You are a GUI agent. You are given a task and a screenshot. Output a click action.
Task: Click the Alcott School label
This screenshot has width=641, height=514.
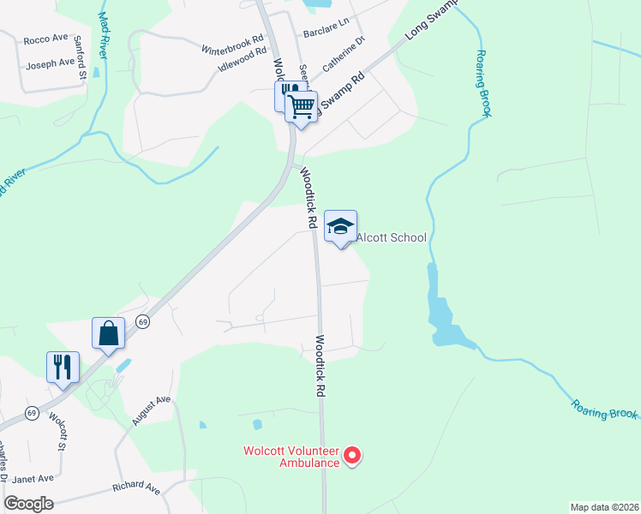391,237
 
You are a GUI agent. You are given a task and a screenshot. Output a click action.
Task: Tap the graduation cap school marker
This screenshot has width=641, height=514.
341,226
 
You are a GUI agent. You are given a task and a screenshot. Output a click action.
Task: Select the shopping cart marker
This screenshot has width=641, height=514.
301,107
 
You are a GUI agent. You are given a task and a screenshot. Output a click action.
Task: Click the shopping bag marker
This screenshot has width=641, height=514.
109,333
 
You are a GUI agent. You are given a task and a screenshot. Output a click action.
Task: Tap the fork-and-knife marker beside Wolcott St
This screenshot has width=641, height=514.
63,368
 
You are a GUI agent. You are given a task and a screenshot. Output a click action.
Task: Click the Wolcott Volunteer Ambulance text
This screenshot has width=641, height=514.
291,457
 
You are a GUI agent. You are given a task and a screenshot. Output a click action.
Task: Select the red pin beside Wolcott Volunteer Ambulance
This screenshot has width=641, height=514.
351,457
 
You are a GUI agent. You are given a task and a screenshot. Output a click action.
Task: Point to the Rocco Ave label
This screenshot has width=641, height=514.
45,39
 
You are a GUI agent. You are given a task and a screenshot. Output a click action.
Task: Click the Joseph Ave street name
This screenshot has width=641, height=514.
51,64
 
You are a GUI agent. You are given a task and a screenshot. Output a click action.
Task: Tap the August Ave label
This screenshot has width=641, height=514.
152,410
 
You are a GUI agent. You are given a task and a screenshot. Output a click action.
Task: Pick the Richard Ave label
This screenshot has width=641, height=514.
136,489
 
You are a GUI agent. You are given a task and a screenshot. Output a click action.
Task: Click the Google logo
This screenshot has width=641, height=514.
28,504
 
